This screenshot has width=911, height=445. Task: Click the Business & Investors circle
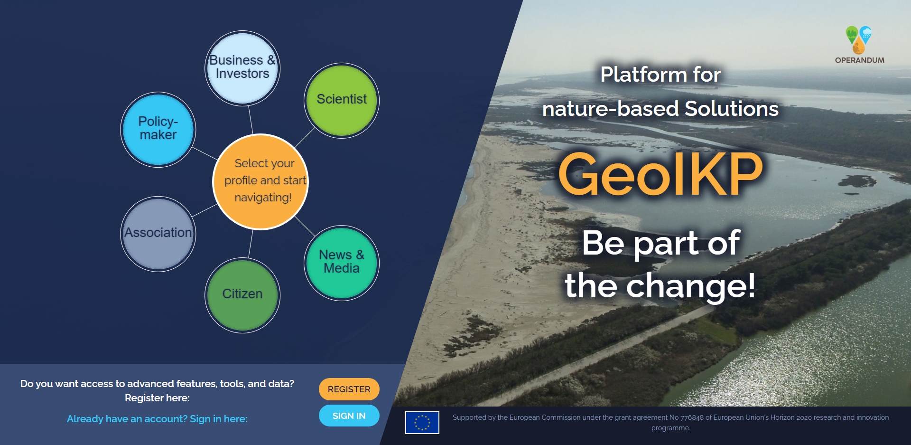242,68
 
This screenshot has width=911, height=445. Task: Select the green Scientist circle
342,100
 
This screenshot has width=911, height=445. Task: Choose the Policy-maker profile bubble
158,129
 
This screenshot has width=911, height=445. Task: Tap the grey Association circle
158,234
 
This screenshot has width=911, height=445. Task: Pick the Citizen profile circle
242,295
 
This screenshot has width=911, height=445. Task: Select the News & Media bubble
342,263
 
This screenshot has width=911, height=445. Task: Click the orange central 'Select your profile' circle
260,181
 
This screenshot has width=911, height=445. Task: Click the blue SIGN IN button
349,416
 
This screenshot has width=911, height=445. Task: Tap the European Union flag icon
422,422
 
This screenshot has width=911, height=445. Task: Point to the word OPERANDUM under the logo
859,60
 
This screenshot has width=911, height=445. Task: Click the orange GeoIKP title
660,174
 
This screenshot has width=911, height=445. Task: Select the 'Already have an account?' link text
127,419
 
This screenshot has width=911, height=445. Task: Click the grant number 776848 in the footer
692,417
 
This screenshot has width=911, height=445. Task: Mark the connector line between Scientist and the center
305,137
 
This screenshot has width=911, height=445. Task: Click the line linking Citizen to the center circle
250,244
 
